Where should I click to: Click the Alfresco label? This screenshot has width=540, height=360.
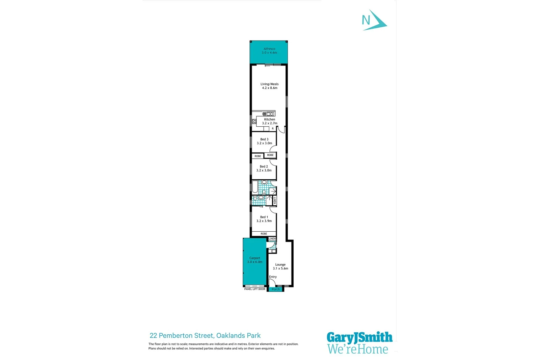(269, 49)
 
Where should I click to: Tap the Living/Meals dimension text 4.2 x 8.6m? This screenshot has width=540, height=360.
(270, 88)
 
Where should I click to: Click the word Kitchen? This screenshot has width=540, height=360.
(270, 119)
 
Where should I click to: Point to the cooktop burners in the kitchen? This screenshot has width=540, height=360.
(254, 121)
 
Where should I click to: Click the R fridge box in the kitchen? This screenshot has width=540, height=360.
(273, 129)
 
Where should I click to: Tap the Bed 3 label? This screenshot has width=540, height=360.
(264, 139)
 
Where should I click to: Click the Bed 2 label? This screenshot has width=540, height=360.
(264, 166)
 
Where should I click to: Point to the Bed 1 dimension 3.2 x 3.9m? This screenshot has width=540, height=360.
(264, 221)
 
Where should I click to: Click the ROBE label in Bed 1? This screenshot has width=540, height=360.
(264, 234)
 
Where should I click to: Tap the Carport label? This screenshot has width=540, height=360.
(255, 258)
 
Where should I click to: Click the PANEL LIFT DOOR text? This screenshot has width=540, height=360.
(255, 289)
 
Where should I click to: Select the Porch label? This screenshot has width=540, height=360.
(276, 289)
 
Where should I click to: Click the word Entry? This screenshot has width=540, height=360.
(273, 277)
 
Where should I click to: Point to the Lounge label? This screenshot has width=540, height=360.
(280, 265)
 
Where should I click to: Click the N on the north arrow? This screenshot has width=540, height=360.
(366, 21)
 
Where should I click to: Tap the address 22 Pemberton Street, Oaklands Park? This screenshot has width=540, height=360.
(205, 336)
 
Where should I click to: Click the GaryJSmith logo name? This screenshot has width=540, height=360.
(359, 337)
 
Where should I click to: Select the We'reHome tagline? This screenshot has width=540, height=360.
(358, 349)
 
